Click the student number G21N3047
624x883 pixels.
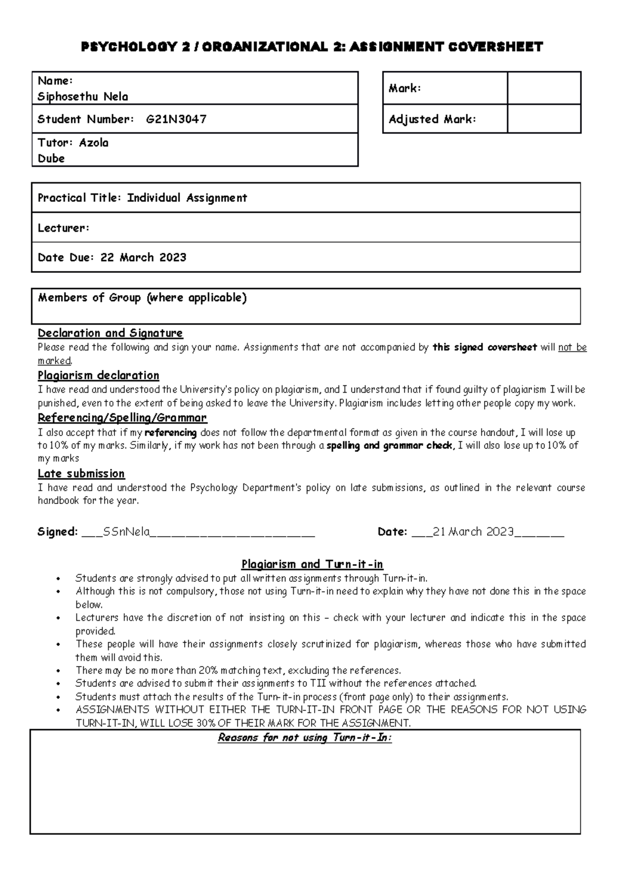(x=176, y=119)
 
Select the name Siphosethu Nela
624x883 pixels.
(x=83, y=97)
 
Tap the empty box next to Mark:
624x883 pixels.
(x=543, y=88)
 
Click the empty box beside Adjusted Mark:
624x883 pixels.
(x=543, y=119)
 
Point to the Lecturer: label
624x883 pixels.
(x=63, y=228)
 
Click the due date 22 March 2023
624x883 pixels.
(x=143, y=257)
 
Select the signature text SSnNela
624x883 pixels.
(x=126, y=531)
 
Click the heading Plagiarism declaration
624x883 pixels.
(x=98, y=375)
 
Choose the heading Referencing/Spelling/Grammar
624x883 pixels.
(x=122, y=418)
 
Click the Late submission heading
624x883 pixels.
(x=81, y=474)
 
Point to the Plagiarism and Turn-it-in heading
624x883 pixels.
(x=312, y=564)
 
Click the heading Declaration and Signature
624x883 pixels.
(x=110, y=333)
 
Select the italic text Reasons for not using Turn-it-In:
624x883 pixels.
(x=305, y=737)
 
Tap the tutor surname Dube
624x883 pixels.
(x=51, y=159)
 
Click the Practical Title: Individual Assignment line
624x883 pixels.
(x=142, y=198)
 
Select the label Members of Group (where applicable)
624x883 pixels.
(x=142, y=297)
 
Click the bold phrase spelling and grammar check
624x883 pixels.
(x=389, y=446)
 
